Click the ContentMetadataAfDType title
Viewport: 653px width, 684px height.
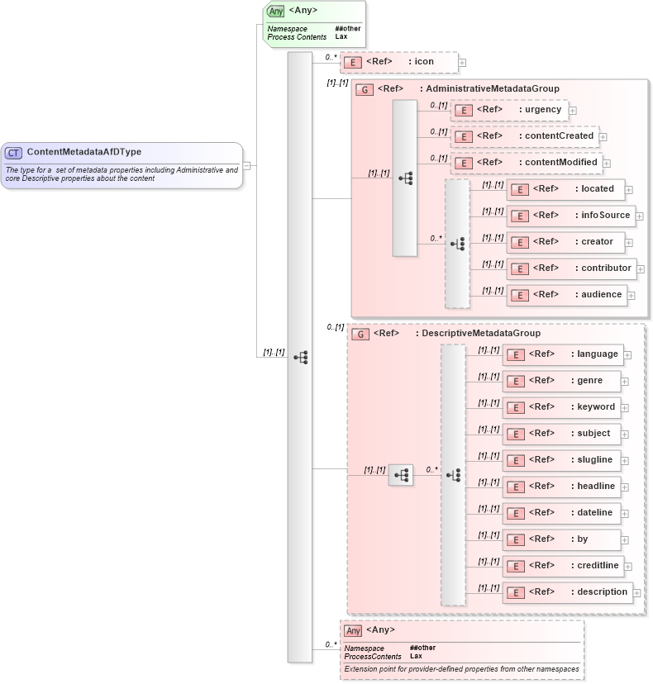pos(83,152)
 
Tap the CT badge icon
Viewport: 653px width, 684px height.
pos(14,153)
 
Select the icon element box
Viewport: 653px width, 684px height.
pos(399,62)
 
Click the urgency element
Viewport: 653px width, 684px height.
pos(508,110)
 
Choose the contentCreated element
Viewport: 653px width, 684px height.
pos(524,136)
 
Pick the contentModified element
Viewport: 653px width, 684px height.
pos(526,163)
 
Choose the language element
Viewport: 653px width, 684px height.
pos(562,354)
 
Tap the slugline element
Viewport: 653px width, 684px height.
pos(561,460)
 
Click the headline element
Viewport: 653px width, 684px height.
pos(561,487)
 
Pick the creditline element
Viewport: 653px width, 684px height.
pos(562,566)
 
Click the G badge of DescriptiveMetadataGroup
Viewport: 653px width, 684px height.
pos(360,335)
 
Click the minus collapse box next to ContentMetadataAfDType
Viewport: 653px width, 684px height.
pos(247,165)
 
